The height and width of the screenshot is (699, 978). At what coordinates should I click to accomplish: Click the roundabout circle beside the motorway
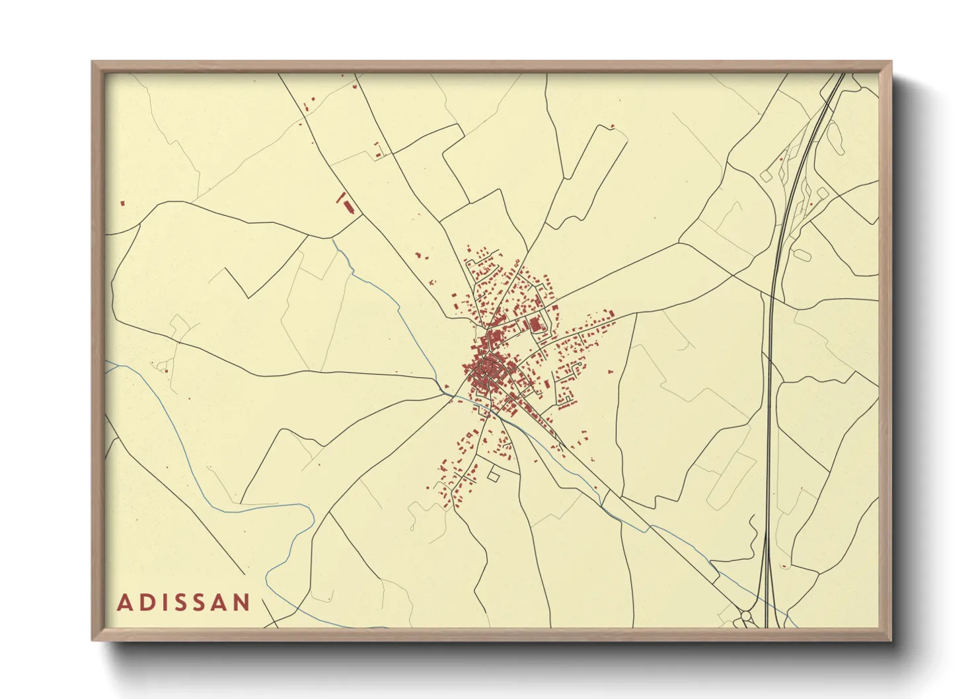pos(746,616)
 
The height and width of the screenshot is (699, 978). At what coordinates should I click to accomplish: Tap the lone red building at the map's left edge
pos(123,203)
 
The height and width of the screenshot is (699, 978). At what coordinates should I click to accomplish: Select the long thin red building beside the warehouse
pos(340,197)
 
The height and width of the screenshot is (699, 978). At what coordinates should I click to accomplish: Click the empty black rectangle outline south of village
pos(493,474)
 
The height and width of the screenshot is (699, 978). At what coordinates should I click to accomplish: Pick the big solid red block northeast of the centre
pos(535,324)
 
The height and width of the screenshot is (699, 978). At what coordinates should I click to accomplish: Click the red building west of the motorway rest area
pos(781,159)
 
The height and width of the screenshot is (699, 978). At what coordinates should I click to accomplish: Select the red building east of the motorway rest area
pos(811,204)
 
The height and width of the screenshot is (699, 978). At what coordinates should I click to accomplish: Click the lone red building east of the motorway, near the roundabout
pos(784,566)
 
